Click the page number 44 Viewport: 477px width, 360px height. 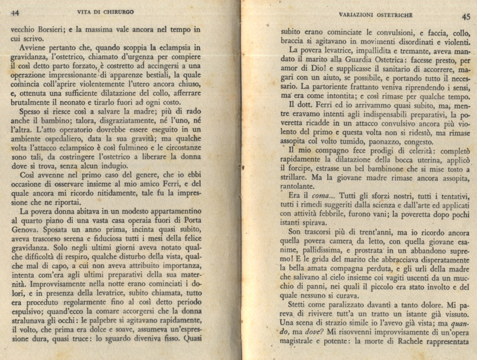pyautogui.click(x=15, y=12)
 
